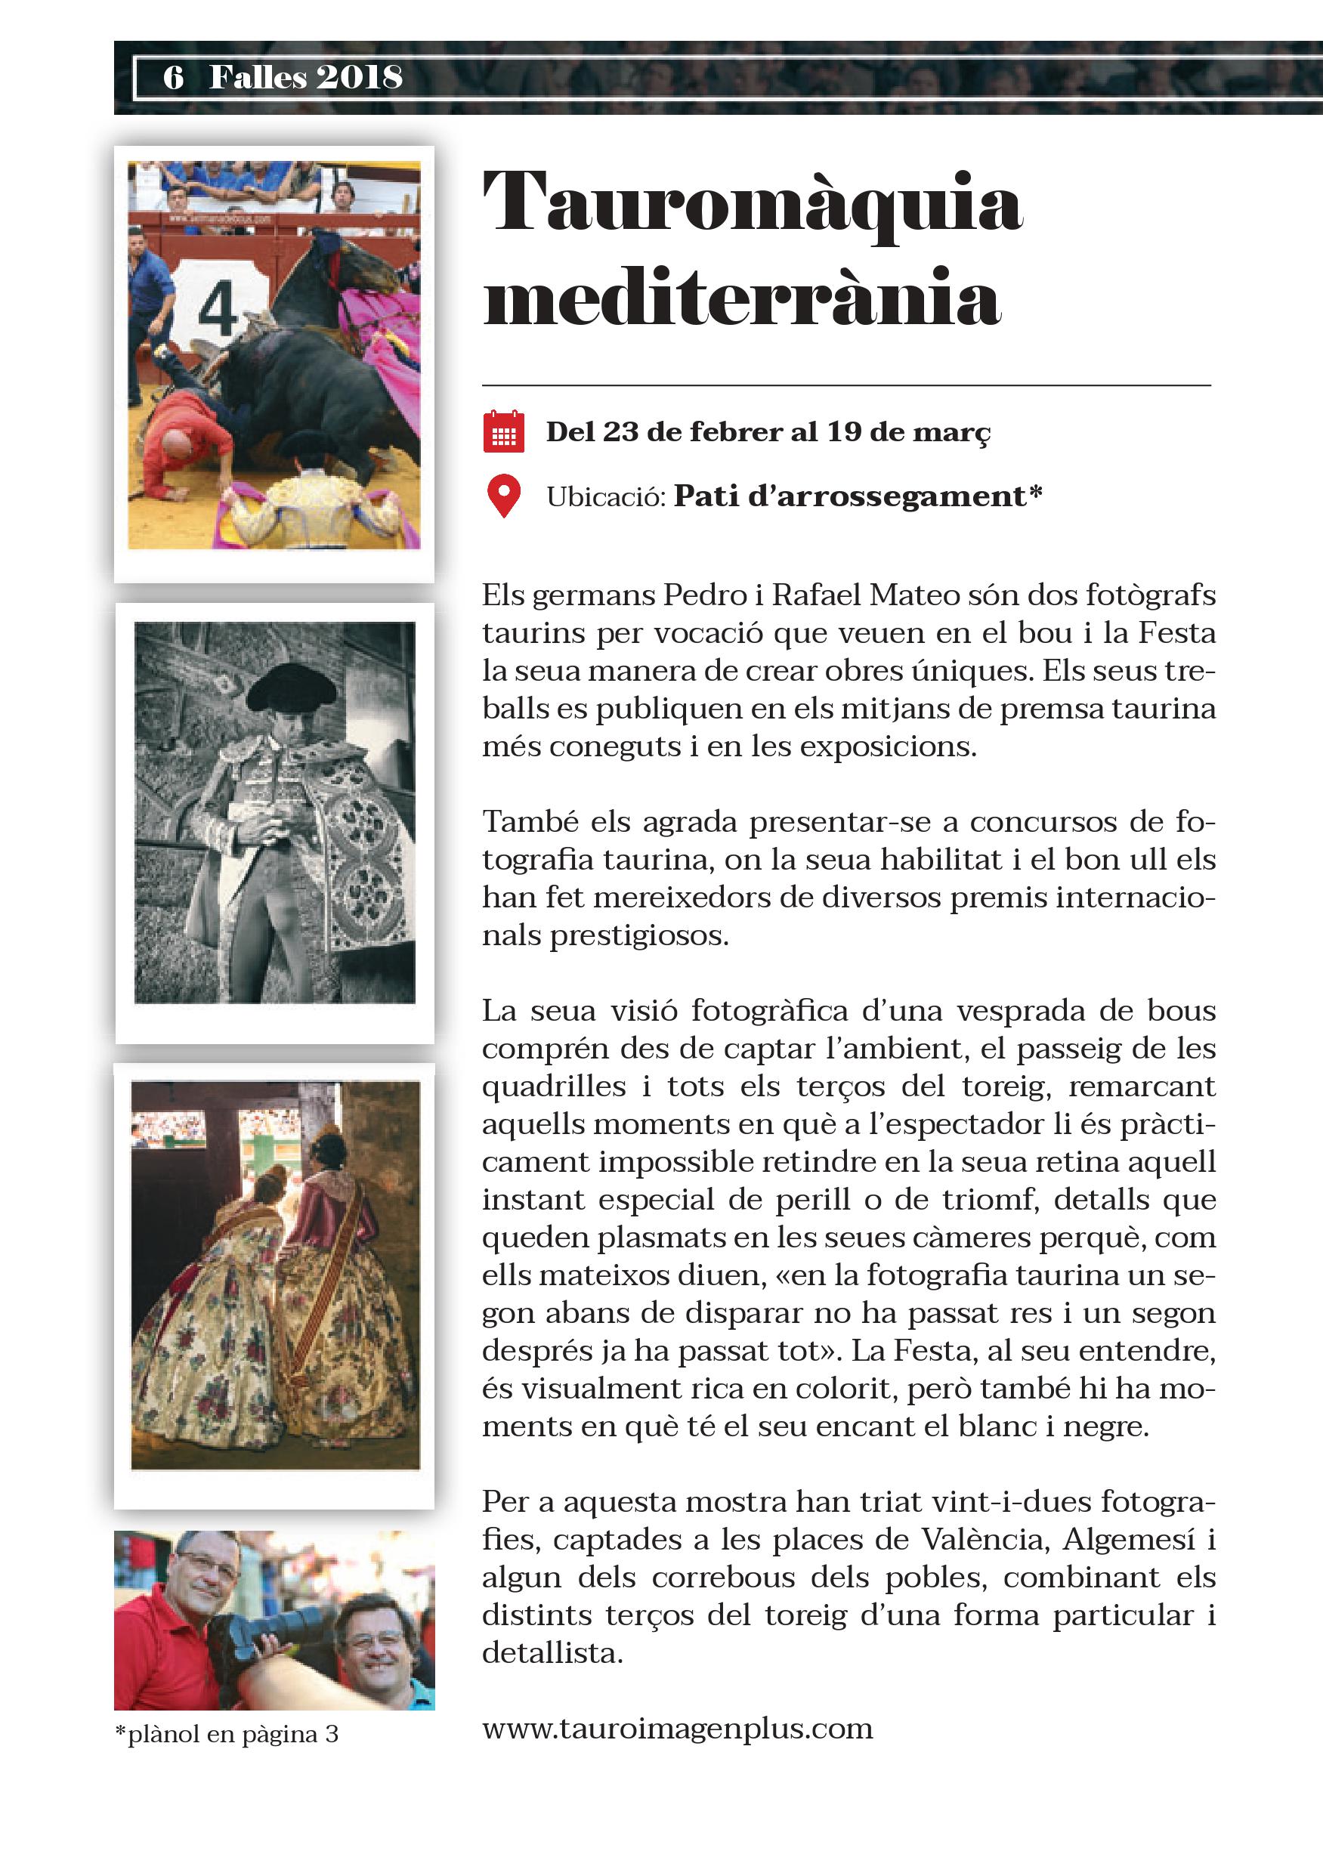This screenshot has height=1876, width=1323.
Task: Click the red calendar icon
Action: pos(503,431)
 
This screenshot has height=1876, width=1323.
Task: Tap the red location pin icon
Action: pos(503,495)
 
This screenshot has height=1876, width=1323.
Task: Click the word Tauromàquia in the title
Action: pos(752,203)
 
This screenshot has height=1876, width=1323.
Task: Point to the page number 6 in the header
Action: pos(173,78)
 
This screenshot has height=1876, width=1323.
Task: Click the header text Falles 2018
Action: pos(305,78)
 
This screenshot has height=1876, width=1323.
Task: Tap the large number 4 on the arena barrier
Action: pos(218,310)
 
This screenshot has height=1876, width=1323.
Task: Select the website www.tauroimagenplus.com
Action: pos(678,1728)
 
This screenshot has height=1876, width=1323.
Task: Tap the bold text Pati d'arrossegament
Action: pos(850,496)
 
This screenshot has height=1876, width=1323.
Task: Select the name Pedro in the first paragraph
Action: pos(704,595)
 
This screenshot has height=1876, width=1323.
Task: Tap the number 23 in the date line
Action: pos(620,432)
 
